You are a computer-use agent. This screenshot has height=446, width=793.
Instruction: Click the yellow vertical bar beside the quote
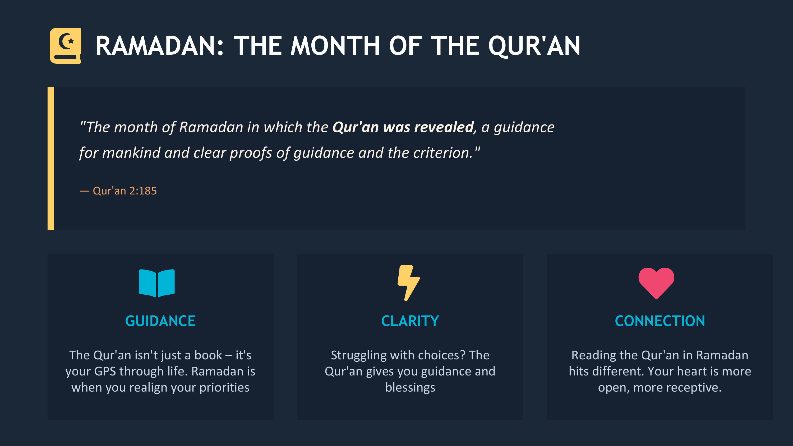click(x=51, y=158)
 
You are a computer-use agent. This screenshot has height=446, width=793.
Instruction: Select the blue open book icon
click(x=157, y=283)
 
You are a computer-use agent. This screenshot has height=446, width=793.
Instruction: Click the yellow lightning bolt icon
click(x=408, y=283)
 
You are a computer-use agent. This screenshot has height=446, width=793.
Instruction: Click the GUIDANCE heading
click(x=160, y=321)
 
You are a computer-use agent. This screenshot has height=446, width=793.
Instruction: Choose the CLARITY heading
click(x=410, y=321)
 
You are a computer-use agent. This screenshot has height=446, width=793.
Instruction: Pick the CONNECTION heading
click(x=660, y=321)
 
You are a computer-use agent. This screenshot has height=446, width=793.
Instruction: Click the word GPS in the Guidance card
click(x=105, y=371)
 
